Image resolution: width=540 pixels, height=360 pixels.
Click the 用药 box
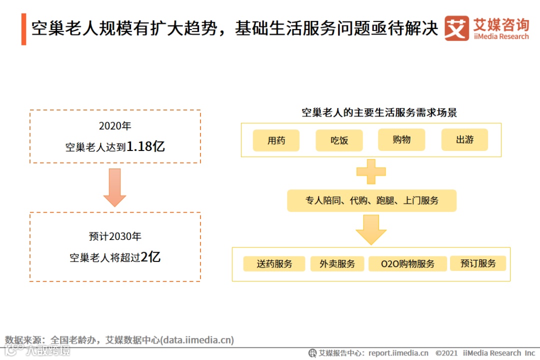point(276,140)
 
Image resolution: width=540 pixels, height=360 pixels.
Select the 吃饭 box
point(339,140)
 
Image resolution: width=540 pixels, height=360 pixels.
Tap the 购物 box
point(401,139)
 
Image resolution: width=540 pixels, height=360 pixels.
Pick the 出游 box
point(464,140)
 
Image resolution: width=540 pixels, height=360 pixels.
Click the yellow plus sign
point(371,171)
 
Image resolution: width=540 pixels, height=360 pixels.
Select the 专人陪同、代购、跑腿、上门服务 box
point(371,200)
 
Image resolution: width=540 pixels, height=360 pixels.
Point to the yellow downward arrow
point(371,229)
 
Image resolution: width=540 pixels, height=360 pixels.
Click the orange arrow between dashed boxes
point(114,187)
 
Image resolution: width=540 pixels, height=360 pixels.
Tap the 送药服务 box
point(274,264)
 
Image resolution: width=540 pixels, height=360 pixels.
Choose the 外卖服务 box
point(337,264)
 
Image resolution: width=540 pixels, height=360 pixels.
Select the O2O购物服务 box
point(407,264)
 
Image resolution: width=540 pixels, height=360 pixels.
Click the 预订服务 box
point(478,263)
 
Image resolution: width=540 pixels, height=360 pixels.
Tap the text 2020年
point(115,126)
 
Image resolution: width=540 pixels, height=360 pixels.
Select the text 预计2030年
point(115,236)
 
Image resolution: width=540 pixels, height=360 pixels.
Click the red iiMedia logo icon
point(457,28)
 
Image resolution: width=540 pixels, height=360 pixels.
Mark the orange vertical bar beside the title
point(23,29)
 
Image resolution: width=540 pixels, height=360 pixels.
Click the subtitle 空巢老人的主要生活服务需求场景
point(379,112)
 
